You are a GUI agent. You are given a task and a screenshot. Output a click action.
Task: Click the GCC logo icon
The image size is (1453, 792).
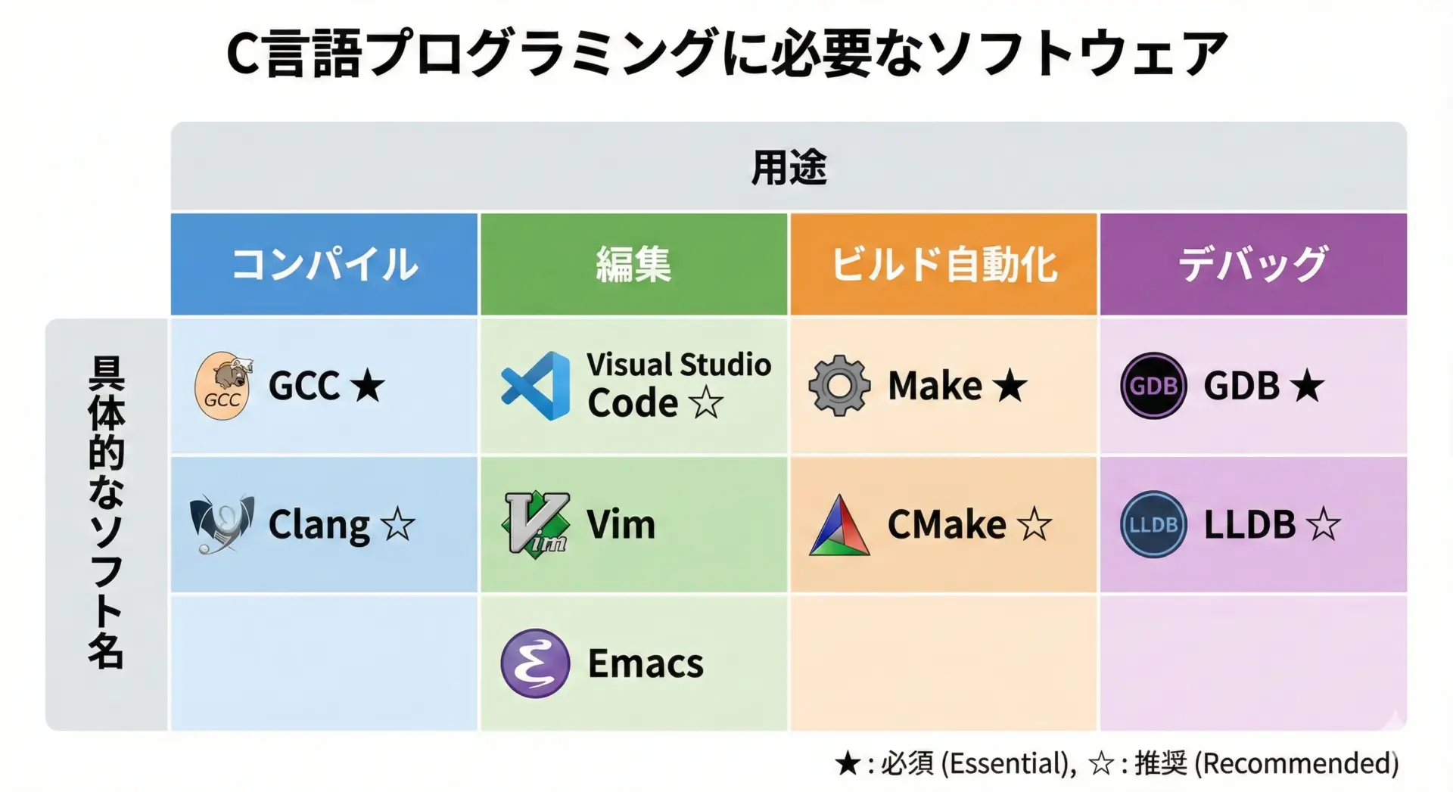pyautogui.click(x=223, y=386)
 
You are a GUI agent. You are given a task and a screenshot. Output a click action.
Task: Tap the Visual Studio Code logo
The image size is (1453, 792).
pyautogui.click(x=536, y=386)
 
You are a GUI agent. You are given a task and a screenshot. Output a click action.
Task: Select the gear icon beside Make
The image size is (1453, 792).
pyautogui.click(x=839, y=386)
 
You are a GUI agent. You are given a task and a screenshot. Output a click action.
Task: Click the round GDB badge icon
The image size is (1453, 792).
pyautogui.click(x=1153, y=386)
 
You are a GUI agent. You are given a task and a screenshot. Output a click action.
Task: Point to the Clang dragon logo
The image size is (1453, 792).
pyautogui.click(x=222, y=524)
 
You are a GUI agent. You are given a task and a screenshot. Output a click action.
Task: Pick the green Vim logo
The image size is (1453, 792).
pyautogui.click(x=536, y=524)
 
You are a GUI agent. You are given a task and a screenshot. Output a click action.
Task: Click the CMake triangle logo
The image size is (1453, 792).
pyautogui.click(x=839, y=525)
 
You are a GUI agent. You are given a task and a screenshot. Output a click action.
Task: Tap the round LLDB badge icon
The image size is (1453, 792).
pyautogui.click(x=1153, y=524)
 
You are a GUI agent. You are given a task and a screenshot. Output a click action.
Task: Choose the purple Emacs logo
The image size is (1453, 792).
pyautogui.click(x=535, y=663)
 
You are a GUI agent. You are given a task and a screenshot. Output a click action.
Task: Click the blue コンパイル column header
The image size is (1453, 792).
pyautogui.click(x=324, y=264)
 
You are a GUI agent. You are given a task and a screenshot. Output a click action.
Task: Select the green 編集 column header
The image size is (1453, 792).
pyautogui.click(x=633, y=264)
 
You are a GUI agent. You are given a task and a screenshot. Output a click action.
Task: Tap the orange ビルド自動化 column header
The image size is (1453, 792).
pyautogui.click(x=944, y=264)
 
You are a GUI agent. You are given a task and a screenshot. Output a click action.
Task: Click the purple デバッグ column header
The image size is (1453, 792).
pyautogui.click(x=1253, y=264)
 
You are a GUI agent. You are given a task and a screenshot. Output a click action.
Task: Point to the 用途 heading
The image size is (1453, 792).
pyautogui.click(x=789, y=167)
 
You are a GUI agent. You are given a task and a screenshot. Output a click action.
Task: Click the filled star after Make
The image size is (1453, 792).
pyautogui.click(x=1010, y=386)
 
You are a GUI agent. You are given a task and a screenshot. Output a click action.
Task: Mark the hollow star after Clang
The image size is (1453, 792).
pyautogui.click(x=398, y=524)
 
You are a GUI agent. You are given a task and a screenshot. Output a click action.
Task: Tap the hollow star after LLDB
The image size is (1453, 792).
pyautogui.click(x=1323, y=524)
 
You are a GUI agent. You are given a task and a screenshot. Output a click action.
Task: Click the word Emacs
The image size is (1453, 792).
pyautogui.click(x=646, y=664)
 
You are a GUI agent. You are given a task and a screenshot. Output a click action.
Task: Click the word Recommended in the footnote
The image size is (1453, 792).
pyautogui.click(x=1297, y=763)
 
